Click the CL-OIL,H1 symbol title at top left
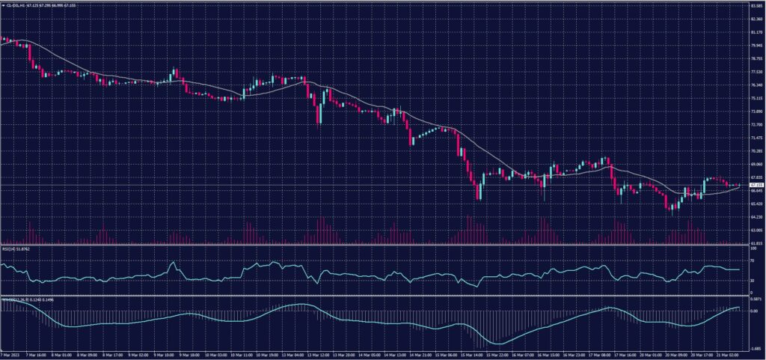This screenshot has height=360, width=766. point(19,4)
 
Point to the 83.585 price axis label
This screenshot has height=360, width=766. point(756,6)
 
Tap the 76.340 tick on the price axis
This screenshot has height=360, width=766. point(756,85)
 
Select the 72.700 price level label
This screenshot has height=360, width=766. point(756,125)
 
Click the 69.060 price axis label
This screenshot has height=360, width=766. point(756,165)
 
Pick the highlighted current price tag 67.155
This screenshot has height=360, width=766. point(756,184)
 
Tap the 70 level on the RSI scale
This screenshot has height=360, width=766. point(753,260)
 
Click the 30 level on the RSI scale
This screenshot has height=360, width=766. point(753,280)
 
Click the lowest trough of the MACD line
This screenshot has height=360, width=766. point(496,344)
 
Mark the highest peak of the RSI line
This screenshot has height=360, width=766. point(173,262)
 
